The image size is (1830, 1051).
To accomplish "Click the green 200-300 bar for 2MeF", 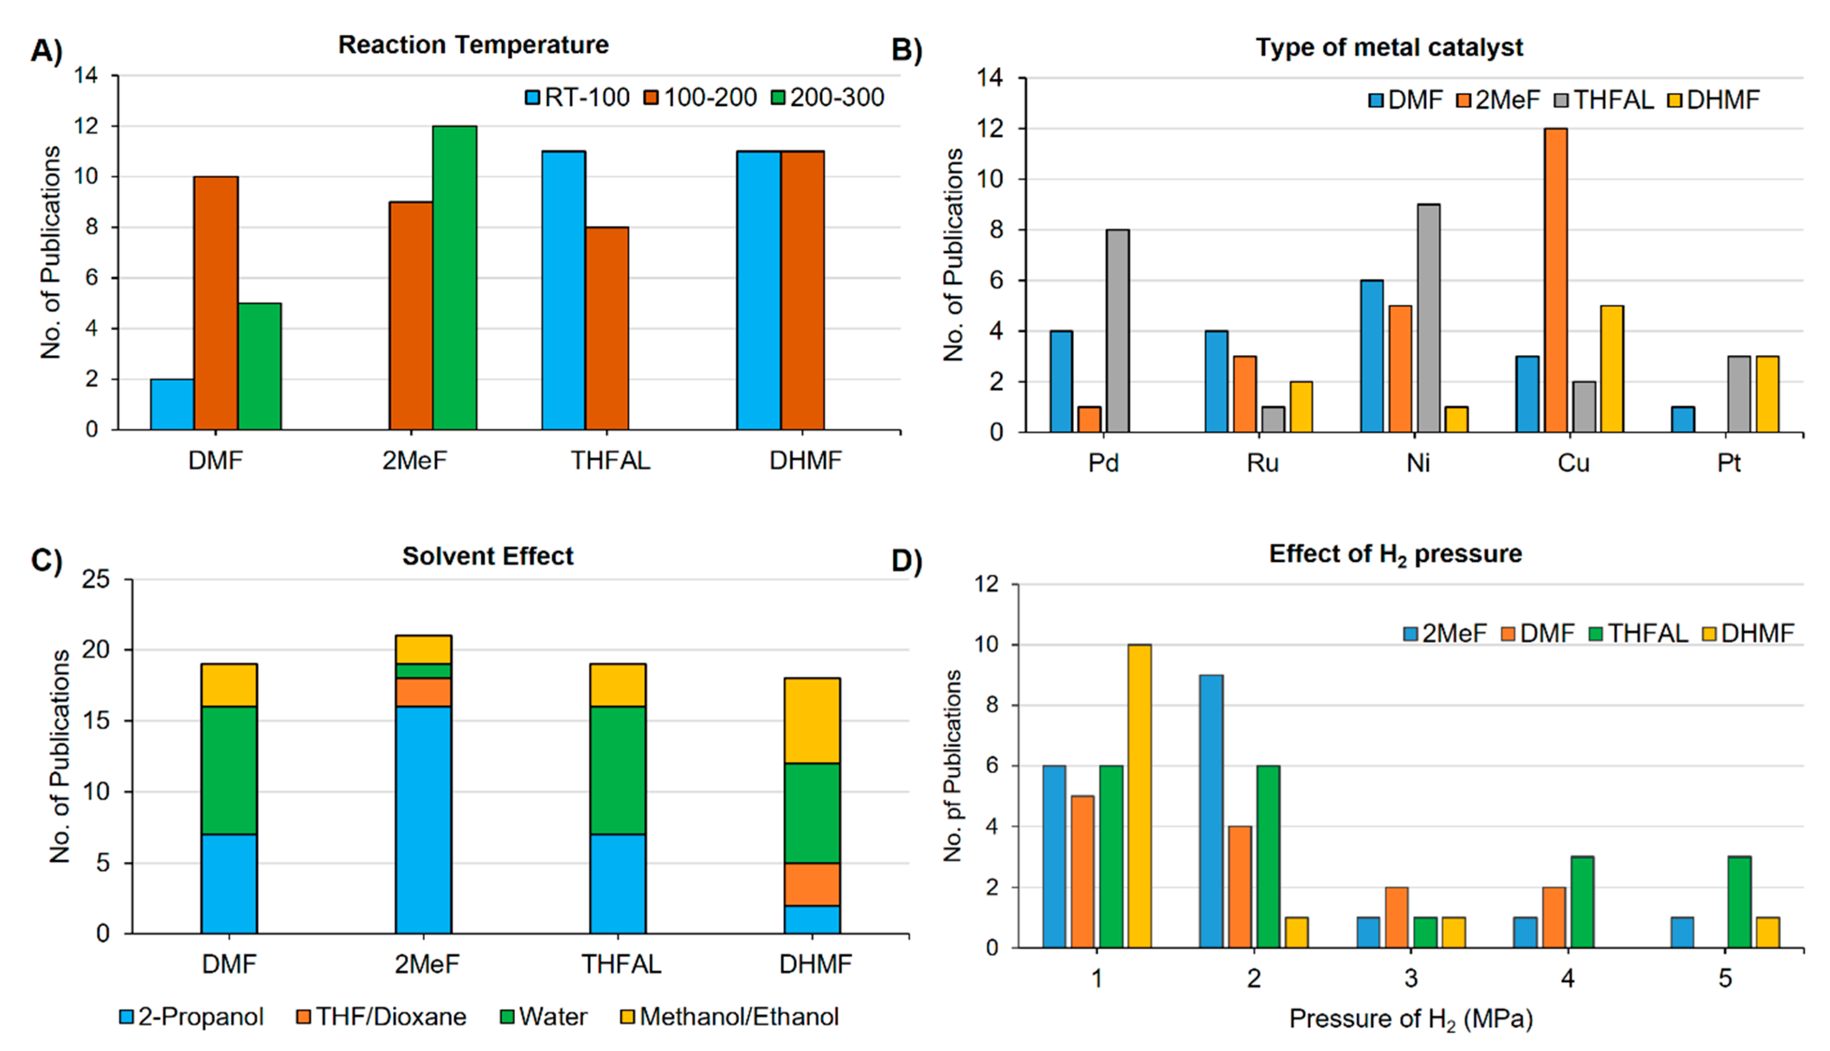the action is (455, 278).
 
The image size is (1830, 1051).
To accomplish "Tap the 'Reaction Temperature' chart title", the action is (474, 45).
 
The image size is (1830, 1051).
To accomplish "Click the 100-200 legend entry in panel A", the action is (701, 97).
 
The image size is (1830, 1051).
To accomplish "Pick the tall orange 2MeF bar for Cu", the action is (1556, 280).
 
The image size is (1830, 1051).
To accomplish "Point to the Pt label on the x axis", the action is (1728, 463).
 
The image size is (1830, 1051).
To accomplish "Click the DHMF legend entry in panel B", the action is (1714, 99).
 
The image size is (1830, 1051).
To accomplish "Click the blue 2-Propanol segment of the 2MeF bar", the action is (424, 820).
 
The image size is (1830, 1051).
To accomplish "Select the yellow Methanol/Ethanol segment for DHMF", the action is (812, 721).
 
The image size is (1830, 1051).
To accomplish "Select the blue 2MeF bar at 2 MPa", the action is (1211, 811).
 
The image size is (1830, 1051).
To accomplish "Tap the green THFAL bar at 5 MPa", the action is (1740, 902).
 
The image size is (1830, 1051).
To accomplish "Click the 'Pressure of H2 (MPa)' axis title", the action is (1411, 1019).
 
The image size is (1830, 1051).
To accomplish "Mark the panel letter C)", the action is (47, 561).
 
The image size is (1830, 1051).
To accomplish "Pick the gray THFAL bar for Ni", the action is (1429, 318).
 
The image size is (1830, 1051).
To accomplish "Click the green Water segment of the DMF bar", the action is (229, 770).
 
